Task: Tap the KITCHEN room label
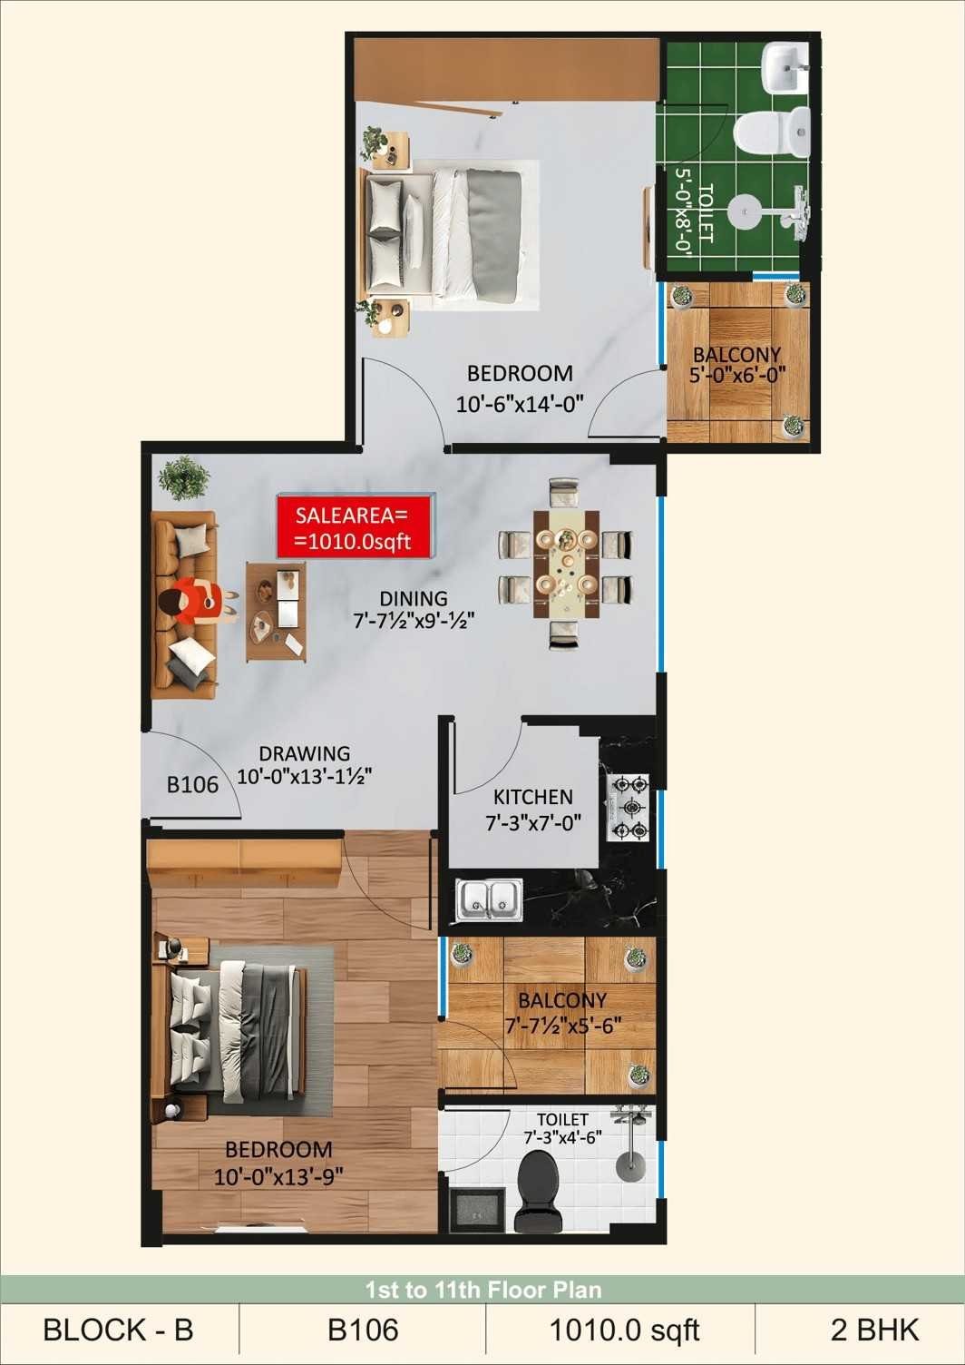[532, 797]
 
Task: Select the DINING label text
[414, 598]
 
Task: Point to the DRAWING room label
[305, 753]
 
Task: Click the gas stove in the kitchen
[627, 808]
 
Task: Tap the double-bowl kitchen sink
[490, 899]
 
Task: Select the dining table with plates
[567, 564]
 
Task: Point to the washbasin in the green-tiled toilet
[785, 68]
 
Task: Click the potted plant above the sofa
[183, 478]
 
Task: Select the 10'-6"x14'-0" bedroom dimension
[520, 403]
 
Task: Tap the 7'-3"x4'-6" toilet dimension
[562, 1138]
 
